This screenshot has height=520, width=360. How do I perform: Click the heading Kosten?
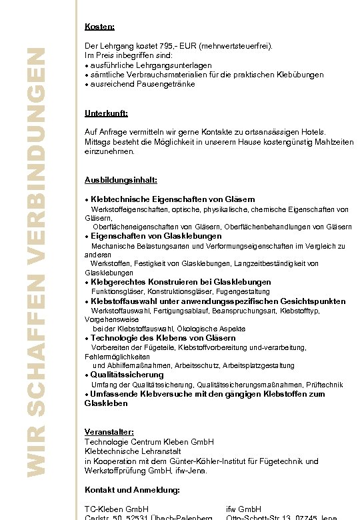99,27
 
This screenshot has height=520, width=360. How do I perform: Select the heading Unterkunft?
106,113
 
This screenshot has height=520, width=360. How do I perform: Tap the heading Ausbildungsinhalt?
121,180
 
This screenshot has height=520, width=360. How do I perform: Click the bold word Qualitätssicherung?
127,375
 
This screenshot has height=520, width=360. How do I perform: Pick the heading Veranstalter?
109,432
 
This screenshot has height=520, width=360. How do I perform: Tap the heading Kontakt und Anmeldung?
132,490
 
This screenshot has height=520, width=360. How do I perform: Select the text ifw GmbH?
243,509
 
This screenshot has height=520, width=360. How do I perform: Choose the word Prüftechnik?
325,385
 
